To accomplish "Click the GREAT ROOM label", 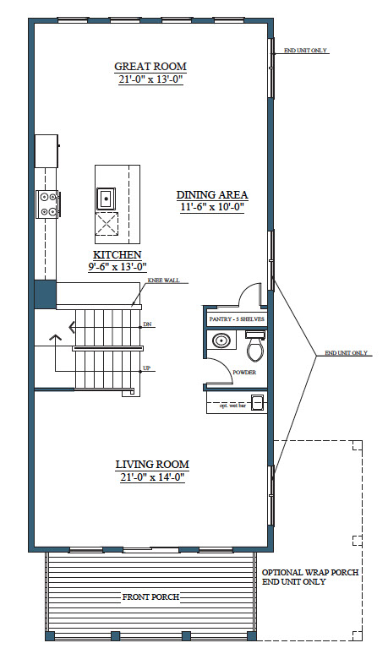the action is coord(150,66).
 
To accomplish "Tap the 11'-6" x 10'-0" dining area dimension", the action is coord(212,207).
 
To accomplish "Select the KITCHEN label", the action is coord(117,255).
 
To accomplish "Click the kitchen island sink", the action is coord(106,199).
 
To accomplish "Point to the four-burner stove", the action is coord(46,204).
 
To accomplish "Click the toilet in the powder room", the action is coord(255,346).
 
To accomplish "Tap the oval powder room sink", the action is coord(221,340).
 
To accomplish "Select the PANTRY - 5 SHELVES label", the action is coord(237,319).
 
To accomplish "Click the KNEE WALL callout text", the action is coord(163,281).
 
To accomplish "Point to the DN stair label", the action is coord(147,324).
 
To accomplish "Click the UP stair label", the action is coord(147,368).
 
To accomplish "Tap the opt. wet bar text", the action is coord(232,406).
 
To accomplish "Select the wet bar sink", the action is coord(257,402).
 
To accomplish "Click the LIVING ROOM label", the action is coord(152,465).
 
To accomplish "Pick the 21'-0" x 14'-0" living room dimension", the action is coord(152,477).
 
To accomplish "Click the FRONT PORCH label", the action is coord(150,597).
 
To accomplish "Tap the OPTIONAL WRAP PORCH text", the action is coord(310,573).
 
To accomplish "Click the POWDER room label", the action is coord(244,373).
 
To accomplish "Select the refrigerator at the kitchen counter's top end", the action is coord(46,151).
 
